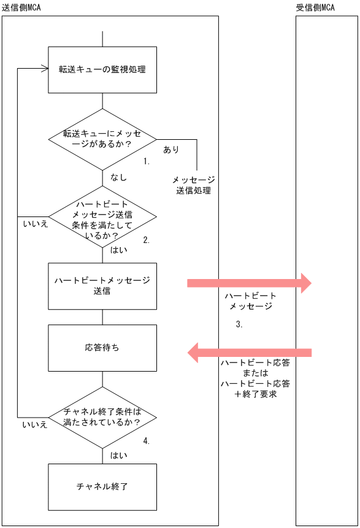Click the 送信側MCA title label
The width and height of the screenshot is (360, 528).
click(x=21, y=6)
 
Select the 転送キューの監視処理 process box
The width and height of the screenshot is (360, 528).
click(x=102, y=69)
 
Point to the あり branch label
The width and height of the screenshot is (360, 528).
click(x=171, y=150)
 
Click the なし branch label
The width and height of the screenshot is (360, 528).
click(x=118, y=177)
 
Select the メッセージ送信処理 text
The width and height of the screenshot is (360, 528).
click(x=193, y=185)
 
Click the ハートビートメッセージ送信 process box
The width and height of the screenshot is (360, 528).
click(x=102, y=286)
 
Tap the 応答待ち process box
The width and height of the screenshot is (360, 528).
click(x=102, y=348)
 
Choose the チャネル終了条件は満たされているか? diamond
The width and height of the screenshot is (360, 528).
click(x=102, y=417)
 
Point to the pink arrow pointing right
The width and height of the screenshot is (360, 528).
click(x=249, y=283)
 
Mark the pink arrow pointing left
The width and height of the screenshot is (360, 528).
click(x=249, y=353)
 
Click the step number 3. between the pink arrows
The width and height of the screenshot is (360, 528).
click(x=239, y=325)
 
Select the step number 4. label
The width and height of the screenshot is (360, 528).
click(x=147, y=440)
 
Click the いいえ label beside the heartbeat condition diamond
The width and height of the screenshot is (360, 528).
click(x=35, y=224)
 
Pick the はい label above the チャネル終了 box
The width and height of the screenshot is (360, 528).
click(x=118, y=455)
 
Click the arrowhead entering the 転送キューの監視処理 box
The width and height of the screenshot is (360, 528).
click(x=44, y=69)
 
